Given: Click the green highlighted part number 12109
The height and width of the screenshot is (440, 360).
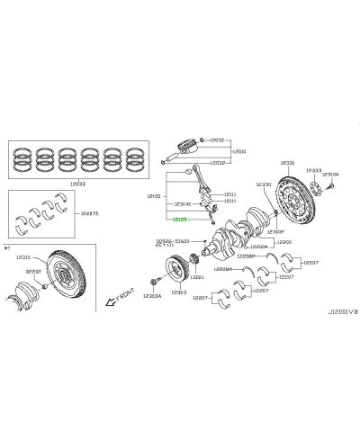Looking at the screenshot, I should [181, 218].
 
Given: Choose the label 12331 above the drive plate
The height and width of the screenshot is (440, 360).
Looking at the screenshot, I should [287, 164].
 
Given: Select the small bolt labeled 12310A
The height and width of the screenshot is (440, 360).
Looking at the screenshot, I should [331, 185].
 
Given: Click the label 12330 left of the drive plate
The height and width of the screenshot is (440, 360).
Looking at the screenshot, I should [263, 184].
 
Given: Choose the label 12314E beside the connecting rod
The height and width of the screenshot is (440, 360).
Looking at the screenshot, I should [184, 204].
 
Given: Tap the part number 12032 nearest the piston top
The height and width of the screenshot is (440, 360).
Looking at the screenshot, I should [219, 140].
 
